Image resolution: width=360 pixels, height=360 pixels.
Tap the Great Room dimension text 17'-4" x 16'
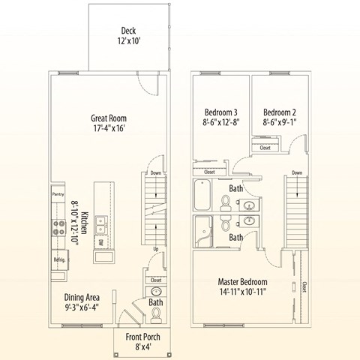coord(108,129)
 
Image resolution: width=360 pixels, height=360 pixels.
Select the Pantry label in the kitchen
coord(58,193)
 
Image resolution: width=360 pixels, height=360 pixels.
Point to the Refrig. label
coord(60,259)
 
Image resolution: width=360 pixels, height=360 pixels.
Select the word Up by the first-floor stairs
coord(154,249)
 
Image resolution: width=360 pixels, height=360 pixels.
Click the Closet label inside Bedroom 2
coord(265,148)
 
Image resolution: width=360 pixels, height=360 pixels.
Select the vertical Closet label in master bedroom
coord(304,286)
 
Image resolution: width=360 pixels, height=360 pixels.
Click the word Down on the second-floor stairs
coord(296,172)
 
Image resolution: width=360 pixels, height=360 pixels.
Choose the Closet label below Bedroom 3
coord(209,172)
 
